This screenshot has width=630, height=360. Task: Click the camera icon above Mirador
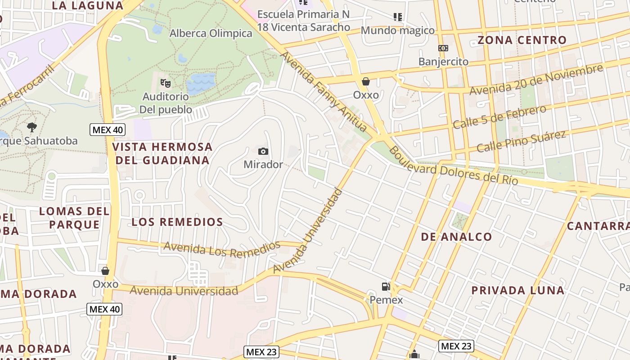click(x=263, y=151)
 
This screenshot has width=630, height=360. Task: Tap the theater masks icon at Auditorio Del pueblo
click(x=166, y=83)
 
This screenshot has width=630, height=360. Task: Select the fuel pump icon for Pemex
click(x=386, y=286)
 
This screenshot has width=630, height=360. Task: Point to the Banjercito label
click(x=443, y=62)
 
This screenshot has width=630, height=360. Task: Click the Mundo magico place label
click(x=398, y=31)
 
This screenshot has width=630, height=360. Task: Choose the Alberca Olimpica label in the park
click(x=211, y=33)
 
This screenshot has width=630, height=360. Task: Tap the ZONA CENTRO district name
click(x=522, y=40)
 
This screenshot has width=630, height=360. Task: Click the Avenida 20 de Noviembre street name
click(x=535, y=80)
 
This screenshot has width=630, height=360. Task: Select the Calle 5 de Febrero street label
click(x=499, y=117)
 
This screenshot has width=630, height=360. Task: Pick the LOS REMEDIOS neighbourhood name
click(x=177, y=222)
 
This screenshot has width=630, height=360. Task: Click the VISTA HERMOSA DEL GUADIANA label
click(x=162, y=153)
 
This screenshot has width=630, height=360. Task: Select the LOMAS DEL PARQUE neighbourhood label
click(x=74, y=218)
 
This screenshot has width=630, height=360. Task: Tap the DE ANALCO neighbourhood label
click(x=456, y=237)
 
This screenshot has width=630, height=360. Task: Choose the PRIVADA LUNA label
click(x=517, y=290)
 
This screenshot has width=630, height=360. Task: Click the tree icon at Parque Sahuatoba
click(x=31, y=127)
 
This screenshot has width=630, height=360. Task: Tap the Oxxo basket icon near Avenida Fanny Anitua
click(x=366, y=81)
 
